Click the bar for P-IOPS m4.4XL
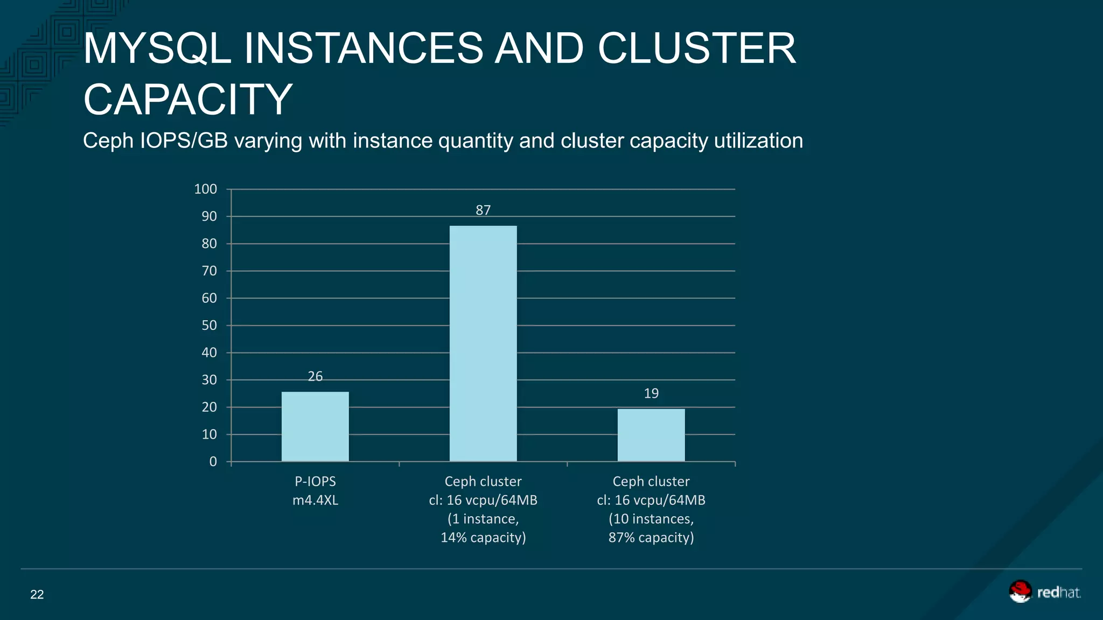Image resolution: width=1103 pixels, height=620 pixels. [315, 426]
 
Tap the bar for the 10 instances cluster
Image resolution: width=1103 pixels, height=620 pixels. [651, 435]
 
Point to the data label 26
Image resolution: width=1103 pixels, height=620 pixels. [315, 376]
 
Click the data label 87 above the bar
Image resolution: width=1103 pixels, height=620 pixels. [483, 210]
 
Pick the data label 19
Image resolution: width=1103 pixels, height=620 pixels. [651, 393]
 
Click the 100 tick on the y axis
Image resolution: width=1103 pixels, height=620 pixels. [205, 189]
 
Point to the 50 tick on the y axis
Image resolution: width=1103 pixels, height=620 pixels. [209, 325]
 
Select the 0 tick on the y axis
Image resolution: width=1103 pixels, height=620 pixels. [213, 461]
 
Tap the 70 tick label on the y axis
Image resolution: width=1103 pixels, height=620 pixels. [209, 271]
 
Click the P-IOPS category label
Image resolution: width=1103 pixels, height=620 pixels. [315, 481]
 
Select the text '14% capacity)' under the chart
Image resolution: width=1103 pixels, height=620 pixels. [483, 538]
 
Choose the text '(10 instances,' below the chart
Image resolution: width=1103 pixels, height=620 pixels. [651, 519]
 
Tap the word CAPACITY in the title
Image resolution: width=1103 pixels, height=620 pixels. [187, 100]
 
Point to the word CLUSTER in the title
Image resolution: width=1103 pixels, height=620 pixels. [696, 48]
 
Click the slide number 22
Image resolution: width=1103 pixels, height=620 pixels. [37, 594]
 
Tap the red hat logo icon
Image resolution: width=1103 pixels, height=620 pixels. [1020, 591]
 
